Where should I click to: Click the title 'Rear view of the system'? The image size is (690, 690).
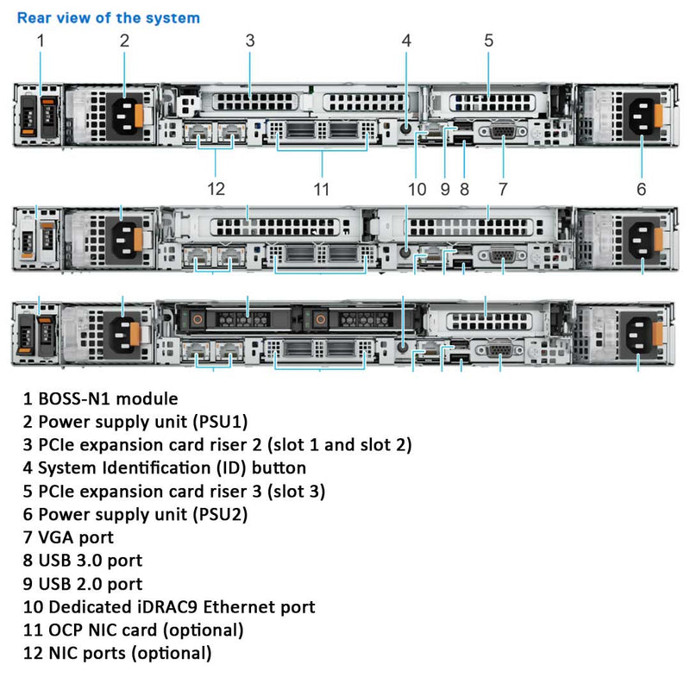[109, 17]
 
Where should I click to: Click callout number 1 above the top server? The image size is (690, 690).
[40, 40]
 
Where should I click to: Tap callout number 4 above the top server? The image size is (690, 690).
[406, 40]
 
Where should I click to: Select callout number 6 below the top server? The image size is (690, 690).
[641, 188]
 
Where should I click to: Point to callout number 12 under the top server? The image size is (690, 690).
[216, 188]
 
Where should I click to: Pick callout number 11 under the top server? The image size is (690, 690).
[322, 188]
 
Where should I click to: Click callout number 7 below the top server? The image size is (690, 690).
[503, 188]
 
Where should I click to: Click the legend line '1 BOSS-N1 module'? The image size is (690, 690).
[101, 398]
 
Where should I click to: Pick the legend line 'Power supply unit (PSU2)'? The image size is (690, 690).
[143, 514]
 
